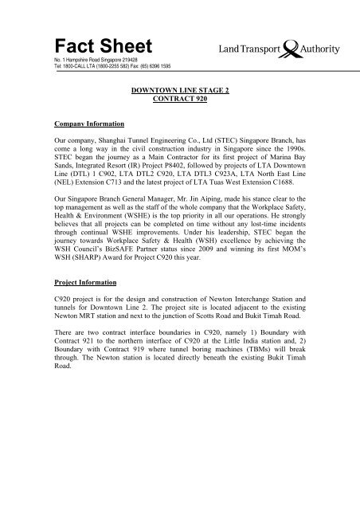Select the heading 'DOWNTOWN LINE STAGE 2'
pos(180,93)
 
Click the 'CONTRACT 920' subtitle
pos(180,103)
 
